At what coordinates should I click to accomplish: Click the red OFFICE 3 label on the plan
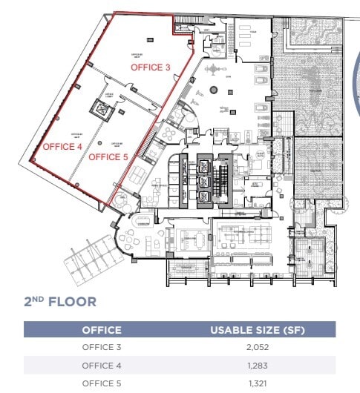point(151,67)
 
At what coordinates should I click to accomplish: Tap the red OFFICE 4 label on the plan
point(62,147)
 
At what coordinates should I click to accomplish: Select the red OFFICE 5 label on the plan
point(108,157)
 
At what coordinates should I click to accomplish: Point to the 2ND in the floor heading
point(34,301)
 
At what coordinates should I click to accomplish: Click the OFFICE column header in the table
point(101,330)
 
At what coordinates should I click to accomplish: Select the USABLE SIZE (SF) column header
point(257,330)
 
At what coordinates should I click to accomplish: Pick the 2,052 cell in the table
point(257,347)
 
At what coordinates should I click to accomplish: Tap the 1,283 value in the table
point(257,365)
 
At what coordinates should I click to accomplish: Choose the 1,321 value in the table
point(257,383)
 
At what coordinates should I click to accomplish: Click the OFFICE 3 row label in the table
point(101,347)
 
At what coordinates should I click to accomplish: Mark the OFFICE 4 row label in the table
point(101,365)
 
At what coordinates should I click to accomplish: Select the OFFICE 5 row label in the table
point(101,383)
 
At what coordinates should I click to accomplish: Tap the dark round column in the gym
point(214,90)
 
